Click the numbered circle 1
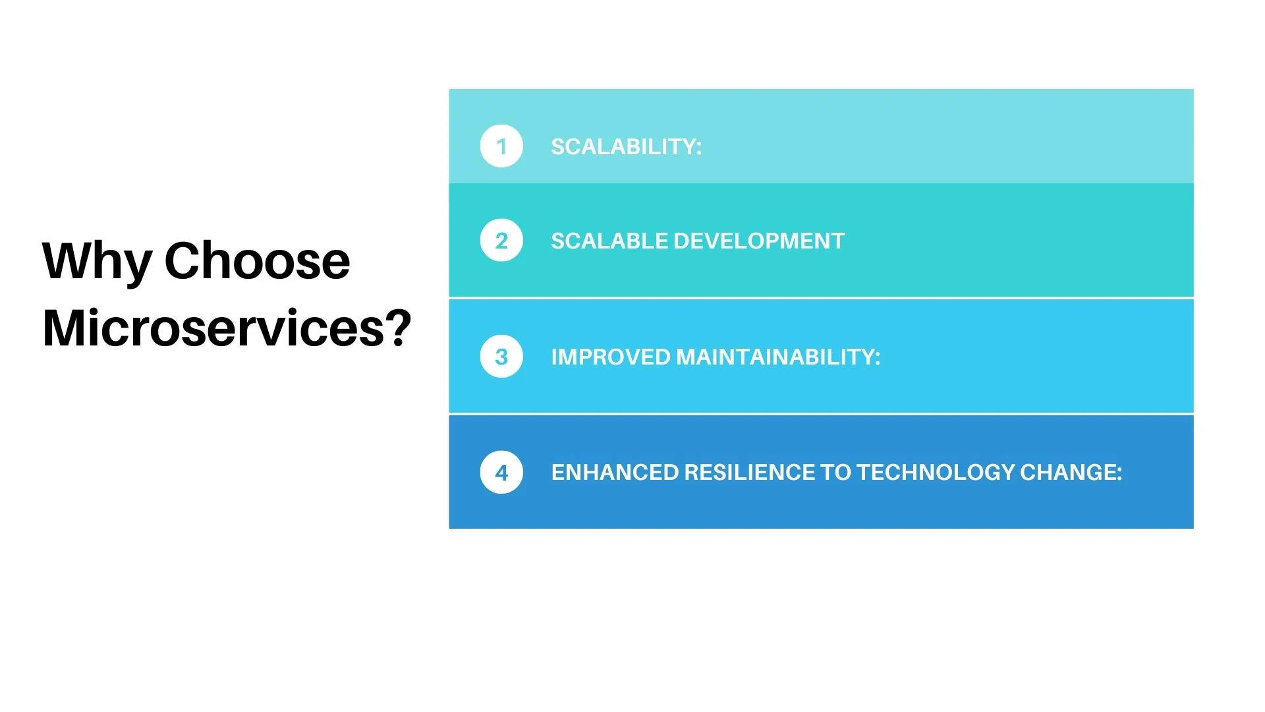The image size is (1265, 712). (x=501, y=146)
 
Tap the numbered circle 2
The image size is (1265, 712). (x=501, y=241)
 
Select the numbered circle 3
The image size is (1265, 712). (x=501, y=357)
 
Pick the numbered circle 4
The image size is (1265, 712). (x=501, y=472)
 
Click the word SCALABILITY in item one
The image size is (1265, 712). (x=623, y=146)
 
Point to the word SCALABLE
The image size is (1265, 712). (x=609, y=241)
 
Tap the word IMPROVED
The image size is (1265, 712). (x=611, y=357)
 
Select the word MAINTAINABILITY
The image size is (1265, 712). (x=775, y=357)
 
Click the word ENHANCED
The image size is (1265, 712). (x=615, y=472)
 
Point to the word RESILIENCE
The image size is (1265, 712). (x=749, y=472)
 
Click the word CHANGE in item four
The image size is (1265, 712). (x=1067, y=472)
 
